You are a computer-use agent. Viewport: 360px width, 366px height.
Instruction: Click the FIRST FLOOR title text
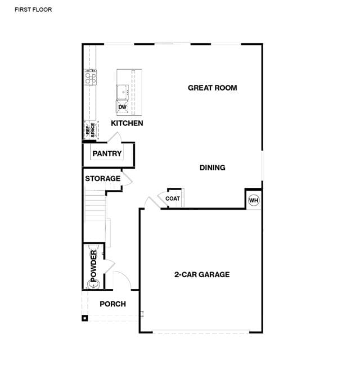pos(33,10)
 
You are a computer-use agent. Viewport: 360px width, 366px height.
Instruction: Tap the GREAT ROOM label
pos(212,88)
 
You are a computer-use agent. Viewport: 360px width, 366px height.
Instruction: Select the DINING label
pos(212,168)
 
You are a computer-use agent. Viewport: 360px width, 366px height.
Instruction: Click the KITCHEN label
pos(127,123)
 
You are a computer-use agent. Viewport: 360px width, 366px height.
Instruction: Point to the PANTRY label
pos(107,153)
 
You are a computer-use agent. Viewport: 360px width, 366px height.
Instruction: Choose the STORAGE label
pos(103,178)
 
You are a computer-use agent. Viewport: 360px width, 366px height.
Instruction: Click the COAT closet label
pos(173,198)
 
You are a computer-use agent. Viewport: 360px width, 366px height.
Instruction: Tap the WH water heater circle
pos(254,200)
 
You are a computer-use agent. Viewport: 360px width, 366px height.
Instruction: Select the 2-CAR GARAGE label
pos(202,274)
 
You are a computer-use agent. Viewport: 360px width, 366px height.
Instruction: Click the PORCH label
pos(112,304)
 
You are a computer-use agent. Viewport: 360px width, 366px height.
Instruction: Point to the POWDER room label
pos(93,266)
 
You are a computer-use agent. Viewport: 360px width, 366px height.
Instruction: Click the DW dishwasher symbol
pos(122,107)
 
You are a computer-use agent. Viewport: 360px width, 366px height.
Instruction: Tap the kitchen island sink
pos(123,92)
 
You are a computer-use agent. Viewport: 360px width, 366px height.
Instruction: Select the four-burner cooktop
pos(91,77)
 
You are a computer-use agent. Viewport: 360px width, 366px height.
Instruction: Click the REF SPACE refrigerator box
pos(91,130)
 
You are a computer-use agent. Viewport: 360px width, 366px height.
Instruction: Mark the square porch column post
pos(85,318)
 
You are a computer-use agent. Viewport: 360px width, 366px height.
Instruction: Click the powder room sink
pos(93,284)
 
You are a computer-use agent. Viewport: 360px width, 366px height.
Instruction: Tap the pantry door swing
pos(115,137)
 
